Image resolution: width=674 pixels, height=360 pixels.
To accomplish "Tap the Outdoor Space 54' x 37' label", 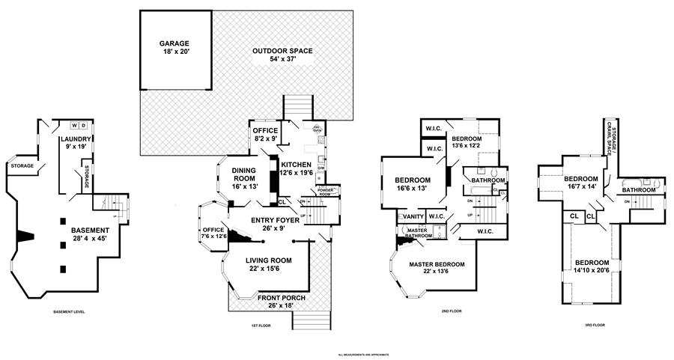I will [282, 55].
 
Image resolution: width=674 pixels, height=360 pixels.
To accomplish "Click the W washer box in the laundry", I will [73, 125].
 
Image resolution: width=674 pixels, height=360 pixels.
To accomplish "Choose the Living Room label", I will [269, 265].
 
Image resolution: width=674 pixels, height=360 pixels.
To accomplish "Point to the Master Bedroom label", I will [437, 269].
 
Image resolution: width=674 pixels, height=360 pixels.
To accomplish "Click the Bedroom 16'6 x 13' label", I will [412, 185].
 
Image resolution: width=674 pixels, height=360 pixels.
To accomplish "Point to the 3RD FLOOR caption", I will [592, 326].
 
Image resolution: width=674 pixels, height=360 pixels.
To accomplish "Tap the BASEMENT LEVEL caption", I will [72, 311].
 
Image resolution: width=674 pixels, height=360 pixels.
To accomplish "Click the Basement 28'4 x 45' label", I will [91, 234].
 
